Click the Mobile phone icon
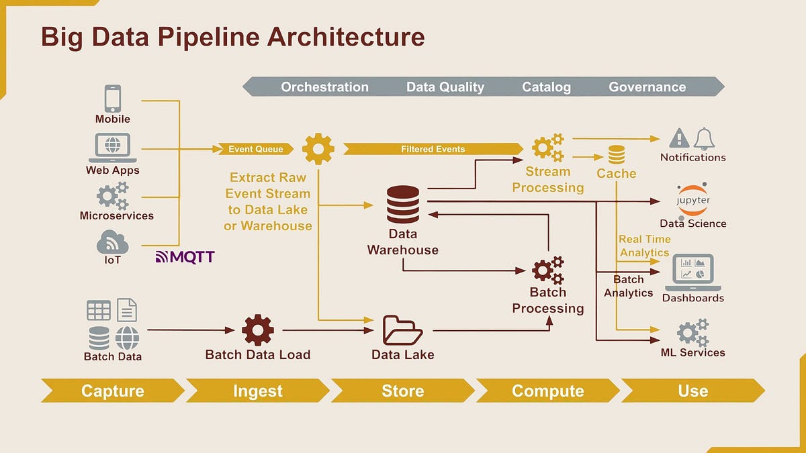click(113, 99)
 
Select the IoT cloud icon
click(112, 242)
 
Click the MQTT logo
click(185, 256)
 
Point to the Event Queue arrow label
click(255, 149)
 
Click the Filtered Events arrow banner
click(433, 149)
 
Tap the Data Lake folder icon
click(402, 330)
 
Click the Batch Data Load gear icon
click(258, 330)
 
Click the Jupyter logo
click(692, 200)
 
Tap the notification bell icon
click(704, 138)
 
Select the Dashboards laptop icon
click(692, 272)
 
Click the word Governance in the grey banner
click(647, 87)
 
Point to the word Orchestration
click(324, 87)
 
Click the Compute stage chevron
click(547, 391)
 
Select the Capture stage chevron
click(112, 391)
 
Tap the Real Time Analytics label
click(644, 246)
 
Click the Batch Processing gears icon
click(547, 270)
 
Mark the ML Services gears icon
click(692, 332)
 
